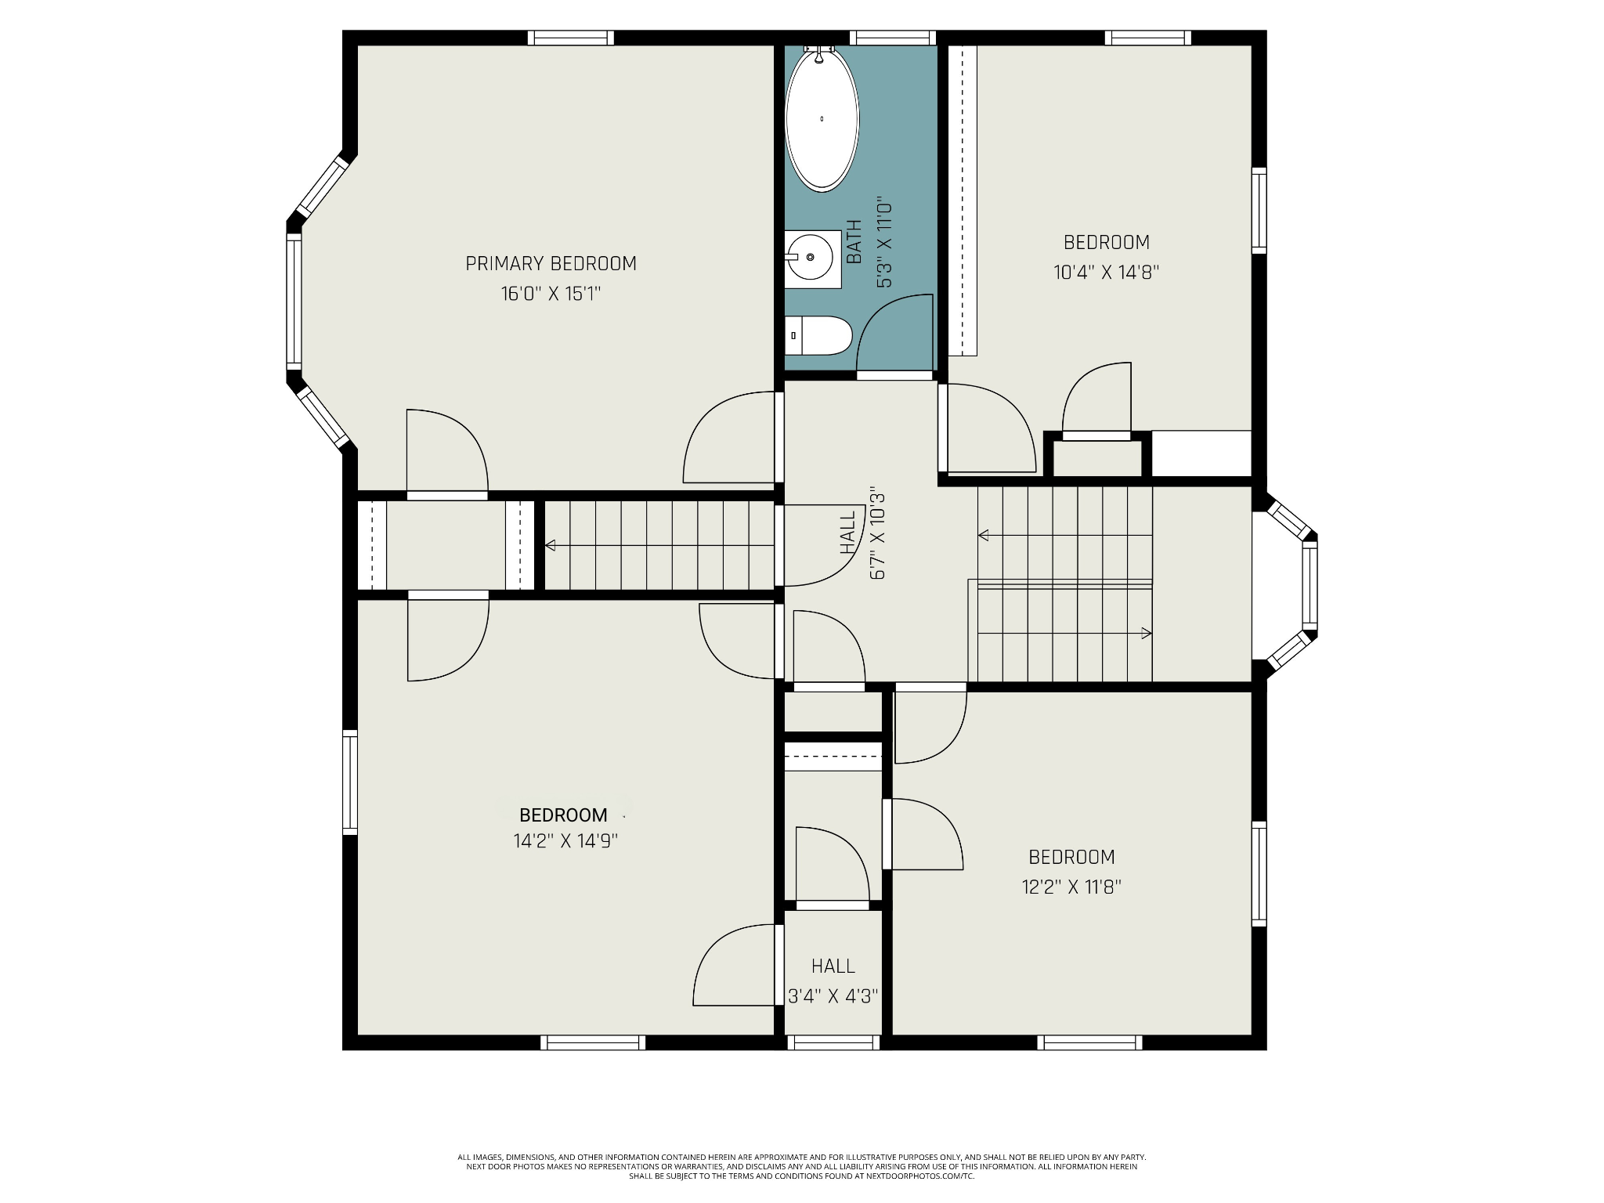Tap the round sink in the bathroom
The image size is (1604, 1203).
tap(809, 256)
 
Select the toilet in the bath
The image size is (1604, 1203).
tap(818, 336)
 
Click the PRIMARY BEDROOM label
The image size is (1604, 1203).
tap(551, 264)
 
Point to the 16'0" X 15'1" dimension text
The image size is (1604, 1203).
tap(551, 294)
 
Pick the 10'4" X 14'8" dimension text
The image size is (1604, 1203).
tap(1106, 273)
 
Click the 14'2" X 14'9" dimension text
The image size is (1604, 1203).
tap(565, 841)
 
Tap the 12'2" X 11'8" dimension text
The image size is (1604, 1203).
tap(1071, 887)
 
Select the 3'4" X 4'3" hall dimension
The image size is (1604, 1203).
tap(833, 996)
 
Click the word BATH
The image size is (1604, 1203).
tap(854, 241)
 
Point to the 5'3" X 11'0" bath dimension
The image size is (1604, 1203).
tap(884, 242)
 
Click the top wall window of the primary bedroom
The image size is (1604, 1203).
tap(570, 38)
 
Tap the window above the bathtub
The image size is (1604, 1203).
tap(893, 38)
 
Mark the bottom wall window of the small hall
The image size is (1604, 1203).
tap(833, 1042)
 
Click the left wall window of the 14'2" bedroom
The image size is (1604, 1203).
tap(350, 782)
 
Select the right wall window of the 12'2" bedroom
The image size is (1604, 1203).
tap(1259, 873)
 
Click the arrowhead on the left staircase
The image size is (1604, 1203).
tap(551, 545)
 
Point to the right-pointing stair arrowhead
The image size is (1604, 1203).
tap(1147, 633)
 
